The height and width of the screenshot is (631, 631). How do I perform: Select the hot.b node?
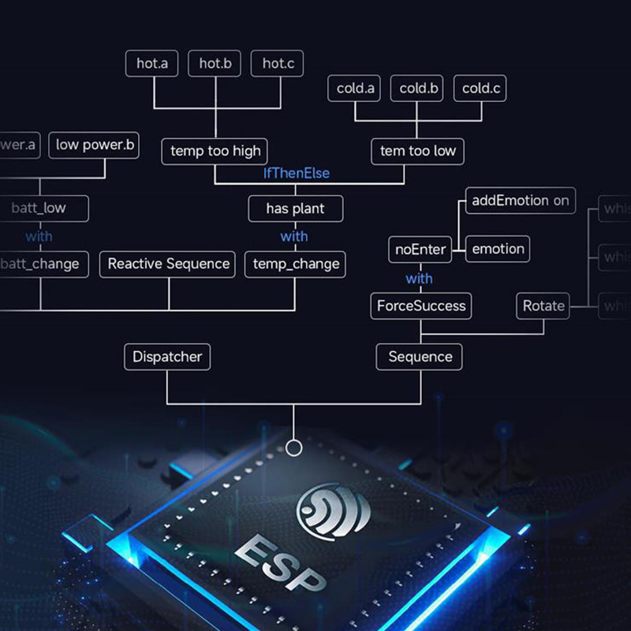coord(215,64)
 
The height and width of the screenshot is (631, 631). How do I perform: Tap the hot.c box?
coord(278,64)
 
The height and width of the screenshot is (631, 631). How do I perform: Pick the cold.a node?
coord(355,88)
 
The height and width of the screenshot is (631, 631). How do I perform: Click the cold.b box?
coord(418,88)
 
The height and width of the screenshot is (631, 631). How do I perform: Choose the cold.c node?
coord(481,88)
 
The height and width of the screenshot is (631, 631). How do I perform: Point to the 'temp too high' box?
coord(215,151)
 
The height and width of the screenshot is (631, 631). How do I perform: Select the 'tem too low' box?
coord(418,151)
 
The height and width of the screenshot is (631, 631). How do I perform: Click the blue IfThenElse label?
coord(296,173)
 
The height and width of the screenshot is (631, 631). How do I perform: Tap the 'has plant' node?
coord(296,209)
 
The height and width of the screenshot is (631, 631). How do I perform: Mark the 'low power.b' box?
coord(95,145)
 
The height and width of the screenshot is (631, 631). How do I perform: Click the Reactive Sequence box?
coord(169,264)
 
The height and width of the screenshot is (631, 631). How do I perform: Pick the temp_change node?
coord(296,264)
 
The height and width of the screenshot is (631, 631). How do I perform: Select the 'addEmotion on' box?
coord(521,200)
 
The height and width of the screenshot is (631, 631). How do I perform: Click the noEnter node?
coord(420,250)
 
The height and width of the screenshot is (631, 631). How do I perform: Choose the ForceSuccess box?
coord(420,306)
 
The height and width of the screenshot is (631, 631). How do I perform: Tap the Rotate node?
coord(544,306)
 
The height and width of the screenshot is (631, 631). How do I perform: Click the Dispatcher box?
coord(167,357)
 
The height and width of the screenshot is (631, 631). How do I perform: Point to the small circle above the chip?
coord(294,448)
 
